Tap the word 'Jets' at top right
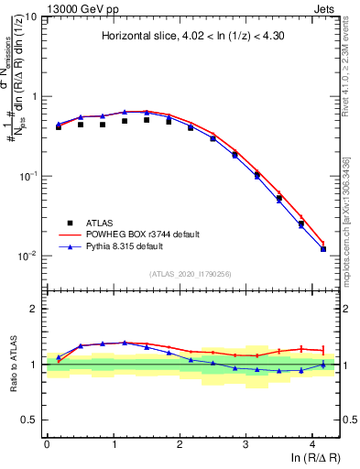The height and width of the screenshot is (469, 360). click(x=328, y=7)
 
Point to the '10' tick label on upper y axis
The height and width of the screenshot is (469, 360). click(x=32, y=17)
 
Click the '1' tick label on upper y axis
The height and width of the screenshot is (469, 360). click(x=35, y=96)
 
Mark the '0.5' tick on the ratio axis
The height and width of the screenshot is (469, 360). click(x=31, y=420)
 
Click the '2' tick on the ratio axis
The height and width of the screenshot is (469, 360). click(x=35, y=309)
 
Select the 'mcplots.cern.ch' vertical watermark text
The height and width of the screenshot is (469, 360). click(x=350, y=229)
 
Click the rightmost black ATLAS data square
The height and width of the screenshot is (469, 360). click(x=323, y=249)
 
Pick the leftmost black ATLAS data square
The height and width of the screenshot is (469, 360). click(x=59, y=127)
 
